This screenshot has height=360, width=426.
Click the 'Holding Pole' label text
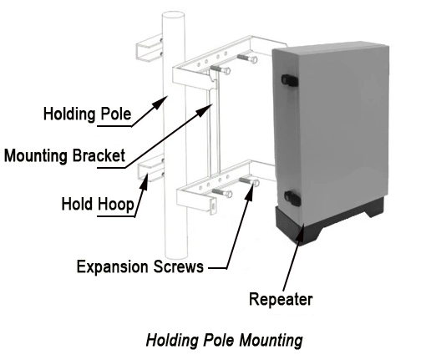tap(87, 114)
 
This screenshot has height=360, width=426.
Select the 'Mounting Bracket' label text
tap(64, 155)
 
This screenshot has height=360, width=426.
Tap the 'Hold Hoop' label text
tap(98, 204)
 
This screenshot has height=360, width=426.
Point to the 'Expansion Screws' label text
tap(140, 266)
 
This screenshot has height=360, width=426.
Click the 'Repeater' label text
tap(281, 299)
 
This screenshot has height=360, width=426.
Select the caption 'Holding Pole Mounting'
tap(224, 340)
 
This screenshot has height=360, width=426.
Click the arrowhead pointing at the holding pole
tap(160, 102)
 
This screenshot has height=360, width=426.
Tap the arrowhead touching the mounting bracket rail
tap(205, 110)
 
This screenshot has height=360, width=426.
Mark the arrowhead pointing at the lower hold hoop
tap(145, 181)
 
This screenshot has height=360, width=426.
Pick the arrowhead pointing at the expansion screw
tap(250, 190)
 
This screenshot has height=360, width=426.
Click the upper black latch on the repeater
tap(290, 80)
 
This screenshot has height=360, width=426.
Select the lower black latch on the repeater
tap(292, 198)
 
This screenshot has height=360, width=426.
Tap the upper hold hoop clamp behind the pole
tap(150, 48)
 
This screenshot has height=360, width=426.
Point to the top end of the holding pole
tap(174, 14)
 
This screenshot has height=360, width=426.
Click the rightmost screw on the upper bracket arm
tap(247, 58)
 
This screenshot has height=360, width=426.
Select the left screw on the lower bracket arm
tap(222, 192)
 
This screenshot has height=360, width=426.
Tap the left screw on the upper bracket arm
tap(220, 69)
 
